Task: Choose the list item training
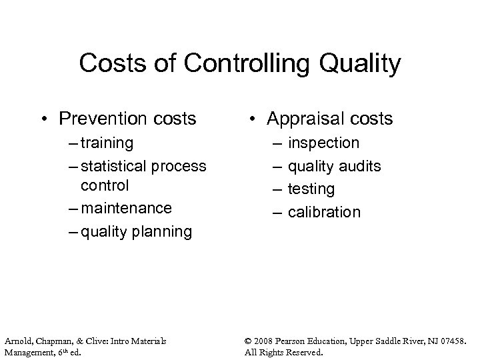point(107,143)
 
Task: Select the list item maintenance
point(125,208)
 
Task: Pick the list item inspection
point(323,143)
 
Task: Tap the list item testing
point(311,189)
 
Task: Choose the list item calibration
point(324,212)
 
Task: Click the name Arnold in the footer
point(17,341)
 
